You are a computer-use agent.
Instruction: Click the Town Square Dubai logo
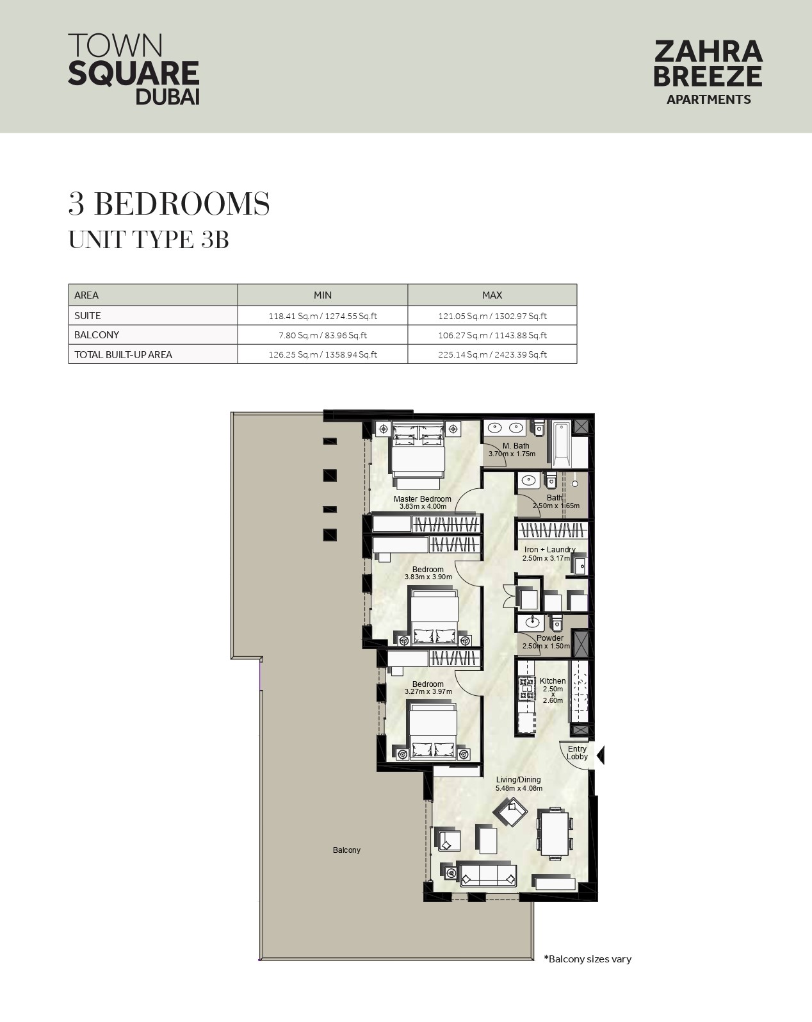point(133,69)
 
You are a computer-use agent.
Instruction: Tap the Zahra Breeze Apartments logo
point(708,72)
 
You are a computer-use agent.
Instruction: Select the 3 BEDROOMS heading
point(169,204)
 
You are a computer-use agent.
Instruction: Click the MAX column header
point(492,295)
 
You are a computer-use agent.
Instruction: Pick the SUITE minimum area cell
point(323,316)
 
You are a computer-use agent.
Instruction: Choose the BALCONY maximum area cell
point(492,335)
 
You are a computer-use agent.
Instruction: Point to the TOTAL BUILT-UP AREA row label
point(123,355)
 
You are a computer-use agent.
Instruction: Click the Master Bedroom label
point(423,499)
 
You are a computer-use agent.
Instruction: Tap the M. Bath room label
point(516,446)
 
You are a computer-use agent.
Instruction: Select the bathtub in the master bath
point(562,445)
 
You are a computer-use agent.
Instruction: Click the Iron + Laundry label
point(549,550)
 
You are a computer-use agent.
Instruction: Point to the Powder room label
point(550,638)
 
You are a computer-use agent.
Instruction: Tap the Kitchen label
point(553,680)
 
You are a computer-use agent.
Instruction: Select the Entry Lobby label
point(577,753)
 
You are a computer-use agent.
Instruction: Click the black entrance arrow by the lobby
point(600,755)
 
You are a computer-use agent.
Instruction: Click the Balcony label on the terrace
point(346,850)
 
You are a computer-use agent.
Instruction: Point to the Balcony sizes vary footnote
point(587,959)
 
